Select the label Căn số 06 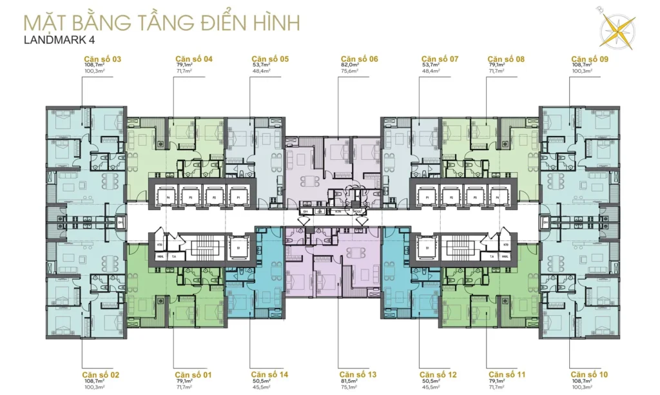(359, 59)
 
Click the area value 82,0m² (350, 66)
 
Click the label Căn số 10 (588, 374)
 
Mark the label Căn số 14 (269, 374)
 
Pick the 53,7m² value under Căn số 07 (430, 66)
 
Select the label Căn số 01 (194, 374)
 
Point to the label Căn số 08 (507, 59)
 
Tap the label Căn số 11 (507, 374)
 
